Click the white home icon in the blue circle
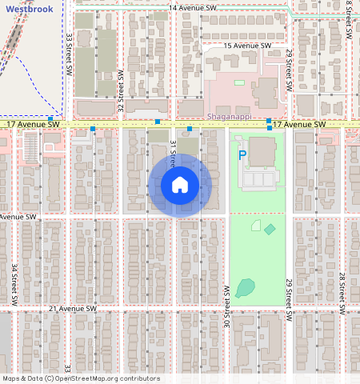coord(180,185)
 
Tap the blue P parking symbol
coord(242,154)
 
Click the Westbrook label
coord(30,8)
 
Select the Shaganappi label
coord(230,116)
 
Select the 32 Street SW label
coord(121,91)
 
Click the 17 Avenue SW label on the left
coord(31,125)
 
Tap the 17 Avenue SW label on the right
coord(298,125)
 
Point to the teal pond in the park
coord(246,287)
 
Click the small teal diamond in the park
coord(270,230)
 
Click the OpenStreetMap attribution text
coord(80,378)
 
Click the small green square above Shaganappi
coord(239,82)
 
